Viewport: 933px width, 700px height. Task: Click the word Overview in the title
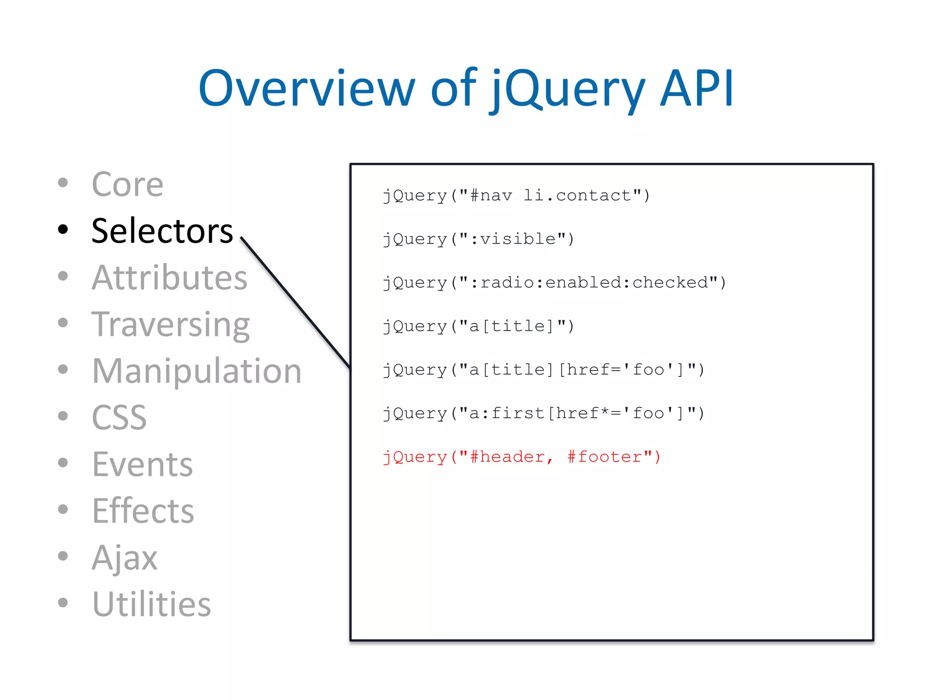point(306,89)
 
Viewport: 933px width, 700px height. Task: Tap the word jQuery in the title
point(567,89)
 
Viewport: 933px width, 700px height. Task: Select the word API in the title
point(697,89)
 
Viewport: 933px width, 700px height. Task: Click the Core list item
point(127,185)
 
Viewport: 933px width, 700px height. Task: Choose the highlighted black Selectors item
point(162,231)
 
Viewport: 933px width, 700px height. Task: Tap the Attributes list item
point(169,278)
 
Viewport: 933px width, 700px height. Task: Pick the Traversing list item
point(170,324)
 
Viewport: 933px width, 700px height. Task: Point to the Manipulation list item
point(196,371)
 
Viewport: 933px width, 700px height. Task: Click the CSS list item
point(119,417)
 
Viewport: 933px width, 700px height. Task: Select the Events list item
point(142,464)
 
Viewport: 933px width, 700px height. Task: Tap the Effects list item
point(143,511)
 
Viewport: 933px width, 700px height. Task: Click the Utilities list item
point(151,604)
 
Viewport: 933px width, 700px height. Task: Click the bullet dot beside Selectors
point(63,230)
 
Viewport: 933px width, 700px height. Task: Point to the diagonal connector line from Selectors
point(295,303)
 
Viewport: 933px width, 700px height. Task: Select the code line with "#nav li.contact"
point(516,196)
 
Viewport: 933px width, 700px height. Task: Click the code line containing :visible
point(478,239)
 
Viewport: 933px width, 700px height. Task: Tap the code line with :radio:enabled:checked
point(554,283)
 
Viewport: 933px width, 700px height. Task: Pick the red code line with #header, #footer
point(522,457)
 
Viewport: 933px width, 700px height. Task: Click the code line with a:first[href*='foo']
point(543,413)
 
